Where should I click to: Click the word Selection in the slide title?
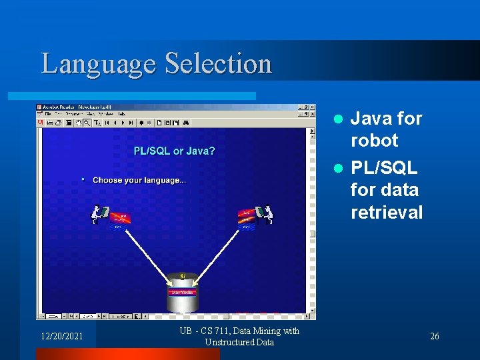click(218, 64)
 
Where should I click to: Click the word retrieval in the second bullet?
click(387, 213)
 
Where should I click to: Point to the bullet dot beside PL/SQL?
click(338, 168)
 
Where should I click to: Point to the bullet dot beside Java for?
click(338, 119)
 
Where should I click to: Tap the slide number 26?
click(434, 336)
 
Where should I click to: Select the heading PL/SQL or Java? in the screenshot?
click(174, 151)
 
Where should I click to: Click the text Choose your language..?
click(139, 180)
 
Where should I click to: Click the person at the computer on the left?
click(100, 214)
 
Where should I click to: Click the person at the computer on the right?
click(266, 214)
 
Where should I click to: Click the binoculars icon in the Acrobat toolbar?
click(186, 123)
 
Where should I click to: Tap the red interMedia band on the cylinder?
click(182, 291)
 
